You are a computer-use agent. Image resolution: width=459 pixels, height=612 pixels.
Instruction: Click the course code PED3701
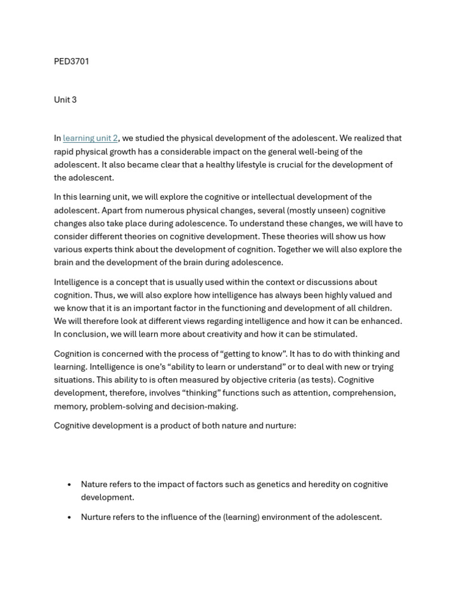pos(72,62)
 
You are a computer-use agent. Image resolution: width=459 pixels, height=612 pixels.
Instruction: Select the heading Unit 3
pos(65,100)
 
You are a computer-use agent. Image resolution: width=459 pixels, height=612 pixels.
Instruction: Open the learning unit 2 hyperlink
pos(90,139)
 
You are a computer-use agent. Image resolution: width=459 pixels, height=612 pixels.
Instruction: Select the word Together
pos(313,249)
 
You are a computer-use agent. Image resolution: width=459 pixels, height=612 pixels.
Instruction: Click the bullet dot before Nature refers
pos(70,485)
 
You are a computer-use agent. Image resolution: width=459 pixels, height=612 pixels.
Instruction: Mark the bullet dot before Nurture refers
pos(70,518)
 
